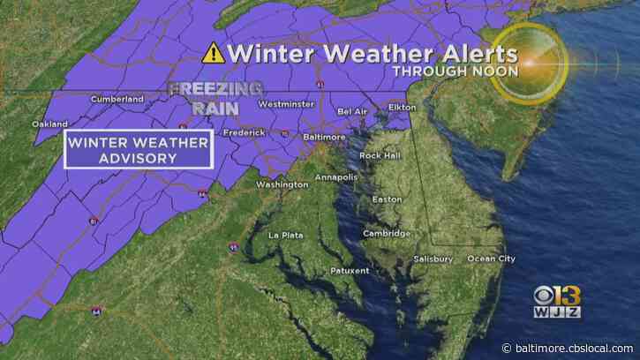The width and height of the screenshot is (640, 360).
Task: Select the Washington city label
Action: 282,184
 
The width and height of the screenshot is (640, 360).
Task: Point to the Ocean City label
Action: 490,259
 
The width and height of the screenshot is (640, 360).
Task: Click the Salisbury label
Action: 433,259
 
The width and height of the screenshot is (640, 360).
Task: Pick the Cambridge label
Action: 386,233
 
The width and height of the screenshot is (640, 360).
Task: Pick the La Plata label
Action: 285,236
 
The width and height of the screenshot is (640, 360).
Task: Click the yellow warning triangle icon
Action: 212,53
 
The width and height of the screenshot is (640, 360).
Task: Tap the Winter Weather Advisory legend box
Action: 138,149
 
